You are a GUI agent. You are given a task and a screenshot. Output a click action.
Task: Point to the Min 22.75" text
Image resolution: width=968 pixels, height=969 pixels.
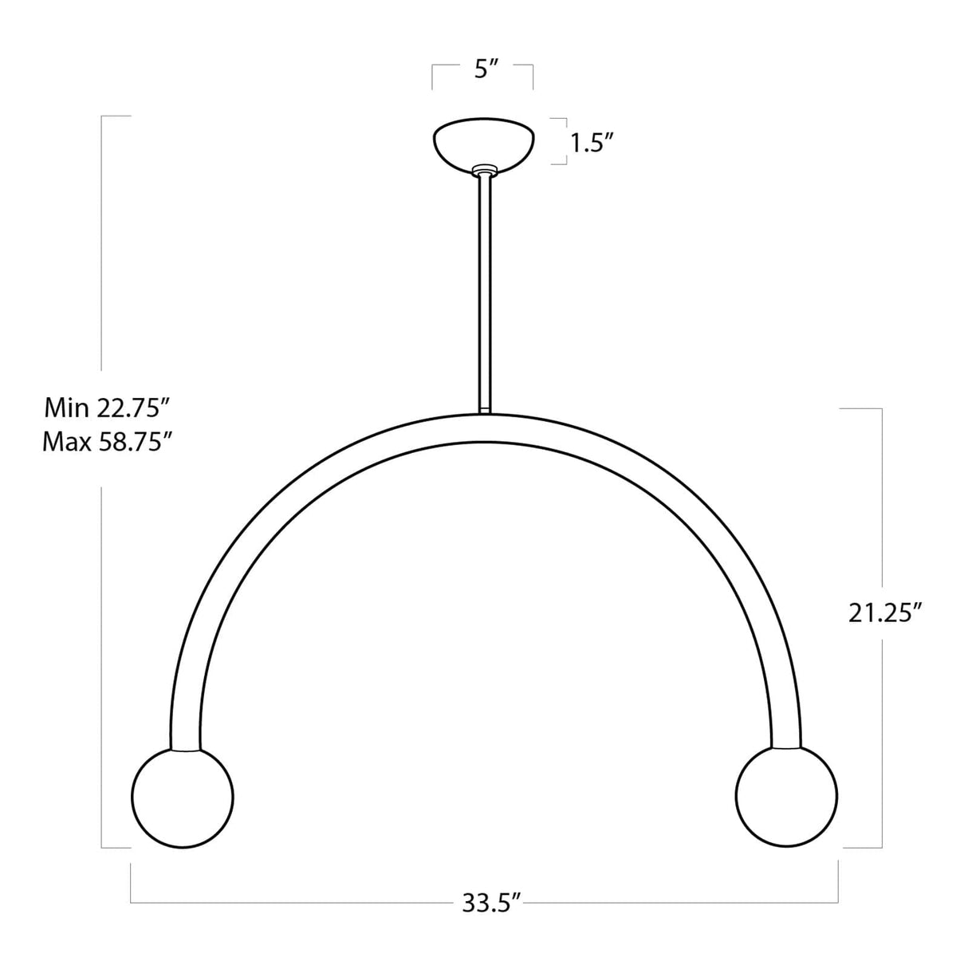click(x=108, y=408)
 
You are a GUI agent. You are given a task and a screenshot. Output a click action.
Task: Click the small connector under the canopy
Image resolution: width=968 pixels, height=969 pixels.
click(x=484, y=171)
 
